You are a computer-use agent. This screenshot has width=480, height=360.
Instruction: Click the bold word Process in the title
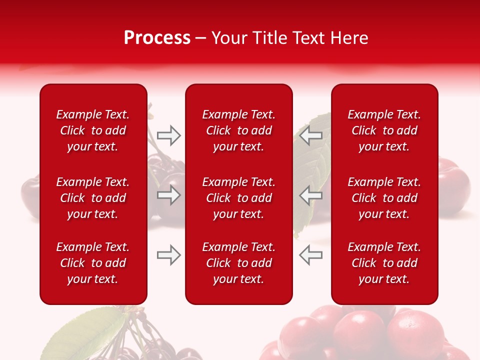pos(157,38)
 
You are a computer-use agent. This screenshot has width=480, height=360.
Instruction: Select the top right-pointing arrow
pos(169,135)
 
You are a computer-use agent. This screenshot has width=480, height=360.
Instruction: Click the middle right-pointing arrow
pos(169,195)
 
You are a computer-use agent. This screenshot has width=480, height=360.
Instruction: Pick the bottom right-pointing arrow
pos(169,255)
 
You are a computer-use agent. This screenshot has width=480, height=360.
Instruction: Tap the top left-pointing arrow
pos(310,135)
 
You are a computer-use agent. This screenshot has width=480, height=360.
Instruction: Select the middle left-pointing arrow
pos(310,195)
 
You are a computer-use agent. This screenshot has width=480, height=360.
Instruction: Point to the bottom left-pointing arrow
pos(310,255)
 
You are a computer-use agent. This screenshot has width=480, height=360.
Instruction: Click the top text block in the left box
pos(93,130)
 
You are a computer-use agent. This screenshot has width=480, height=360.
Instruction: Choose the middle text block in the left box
pos(93,198)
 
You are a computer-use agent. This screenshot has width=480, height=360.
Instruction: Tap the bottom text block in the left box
pos(93,263)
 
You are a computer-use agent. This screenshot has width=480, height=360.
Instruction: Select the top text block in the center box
pos(238,130)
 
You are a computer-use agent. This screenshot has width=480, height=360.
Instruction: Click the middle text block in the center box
pos(238,198)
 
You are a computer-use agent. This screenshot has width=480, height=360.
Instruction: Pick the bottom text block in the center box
pos(238,263)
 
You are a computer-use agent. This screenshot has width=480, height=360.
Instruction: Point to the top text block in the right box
pos(384,130)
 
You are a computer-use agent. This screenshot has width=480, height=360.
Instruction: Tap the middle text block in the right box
pos(384,198)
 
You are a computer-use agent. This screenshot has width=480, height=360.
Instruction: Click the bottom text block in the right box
pos(384,263)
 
